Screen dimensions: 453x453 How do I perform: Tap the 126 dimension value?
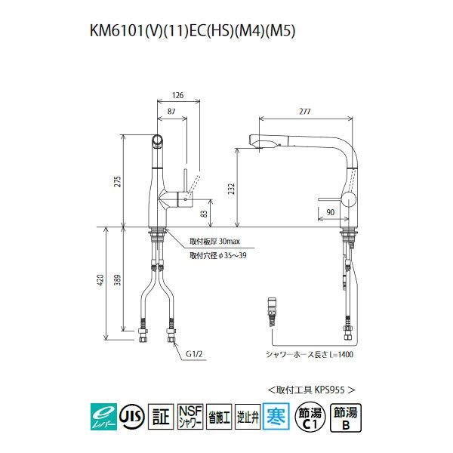pyautogui.click(x=178, y=95)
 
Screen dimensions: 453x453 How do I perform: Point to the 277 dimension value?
pyautogui.click(x=305, y=111)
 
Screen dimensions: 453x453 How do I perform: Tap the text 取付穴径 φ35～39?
pyautogui.click(x=217, y=256)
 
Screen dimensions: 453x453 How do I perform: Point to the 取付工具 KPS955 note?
pyautogui.click(x=311, y=389)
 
